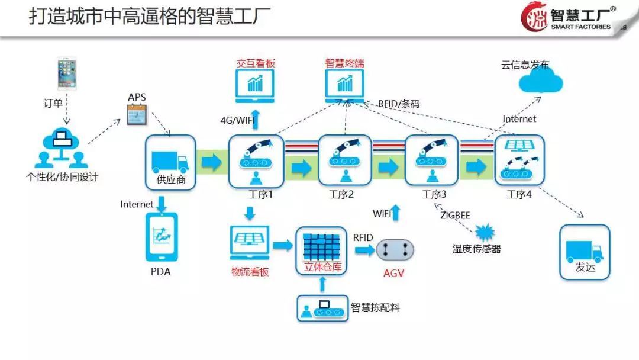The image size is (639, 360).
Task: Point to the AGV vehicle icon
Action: [395, 250]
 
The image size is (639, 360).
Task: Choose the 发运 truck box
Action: [585, 252]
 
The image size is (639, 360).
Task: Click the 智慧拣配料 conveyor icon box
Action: [322, 308]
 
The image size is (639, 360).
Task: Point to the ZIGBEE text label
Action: [455, 216]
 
